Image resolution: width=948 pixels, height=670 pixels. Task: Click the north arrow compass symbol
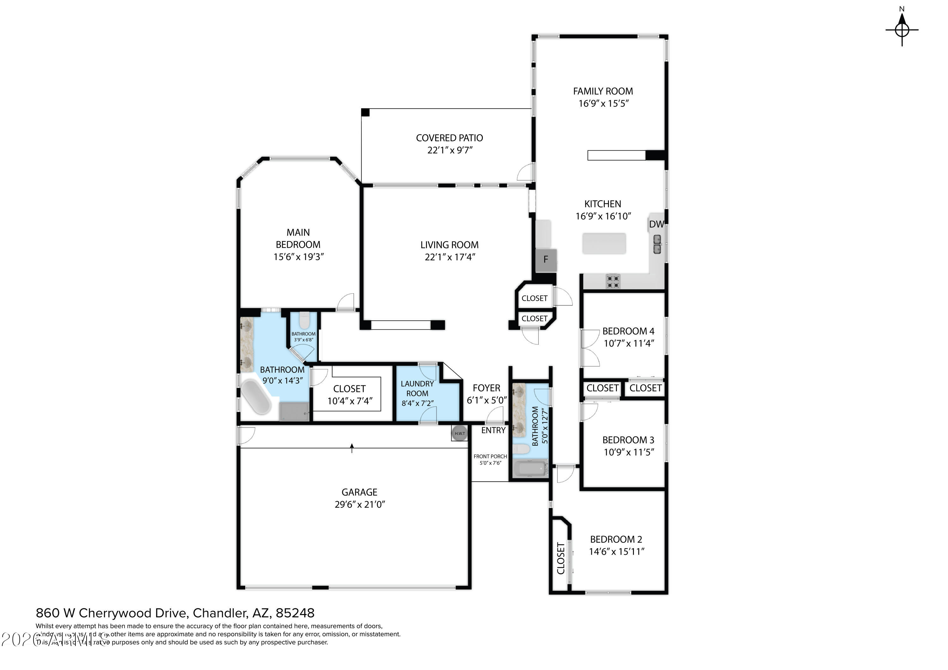click(x=902, y=29)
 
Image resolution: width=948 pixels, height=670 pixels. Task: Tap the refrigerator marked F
click(x=546, y=260)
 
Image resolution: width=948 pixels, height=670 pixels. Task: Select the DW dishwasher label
click(x=656, y=224)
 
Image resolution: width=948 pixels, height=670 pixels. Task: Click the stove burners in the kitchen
click(x=613, y=281)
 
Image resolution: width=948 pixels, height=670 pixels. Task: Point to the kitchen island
click(x=604, y=243)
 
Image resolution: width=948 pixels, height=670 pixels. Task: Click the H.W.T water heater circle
click(x=459, y=433)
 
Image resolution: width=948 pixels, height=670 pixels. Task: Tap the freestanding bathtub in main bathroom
click(x=256, y=396)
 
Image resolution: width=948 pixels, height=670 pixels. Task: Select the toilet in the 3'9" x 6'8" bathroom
click(x=304, y=320)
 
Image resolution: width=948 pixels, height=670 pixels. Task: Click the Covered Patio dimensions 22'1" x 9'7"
click(x=450, y=150)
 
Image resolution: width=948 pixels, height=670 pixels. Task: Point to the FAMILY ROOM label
click(x=603, y=91)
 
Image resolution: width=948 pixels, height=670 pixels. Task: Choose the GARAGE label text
click(x=359, y=492)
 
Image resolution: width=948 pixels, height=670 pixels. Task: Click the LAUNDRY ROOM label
click(x=417, y=389)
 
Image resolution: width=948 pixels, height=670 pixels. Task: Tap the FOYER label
click(x=486, y=388)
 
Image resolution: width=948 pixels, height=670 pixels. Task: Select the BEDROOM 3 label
click(x=628, y=440)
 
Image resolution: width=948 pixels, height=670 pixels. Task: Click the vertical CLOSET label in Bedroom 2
click(x=560, y=558)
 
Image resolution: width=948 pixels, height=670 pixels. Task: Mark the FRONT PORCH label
click(x=490, y=456)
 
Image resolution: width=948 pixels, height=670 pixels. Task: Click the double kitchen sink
click(x=657, y=244)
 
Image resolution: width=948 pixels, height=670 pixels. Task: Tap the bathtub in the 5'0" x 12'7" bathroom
click(x=531, y=468)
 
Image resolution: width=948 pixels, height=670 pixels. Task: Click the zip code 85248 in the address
click(x=295, y=613)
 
